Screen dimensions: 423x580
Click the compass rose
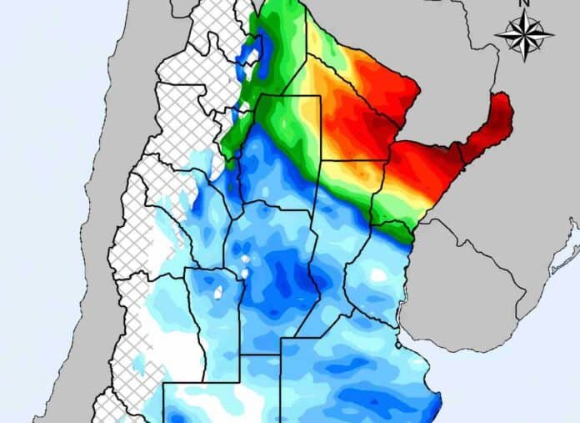coord(524,35)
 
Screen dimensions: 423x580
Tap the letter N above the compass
coord(524,4)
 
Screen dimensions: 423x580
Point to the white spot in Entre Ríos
coord(378,274)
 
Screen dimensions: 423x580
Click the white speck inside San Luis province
coord(218,293)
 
